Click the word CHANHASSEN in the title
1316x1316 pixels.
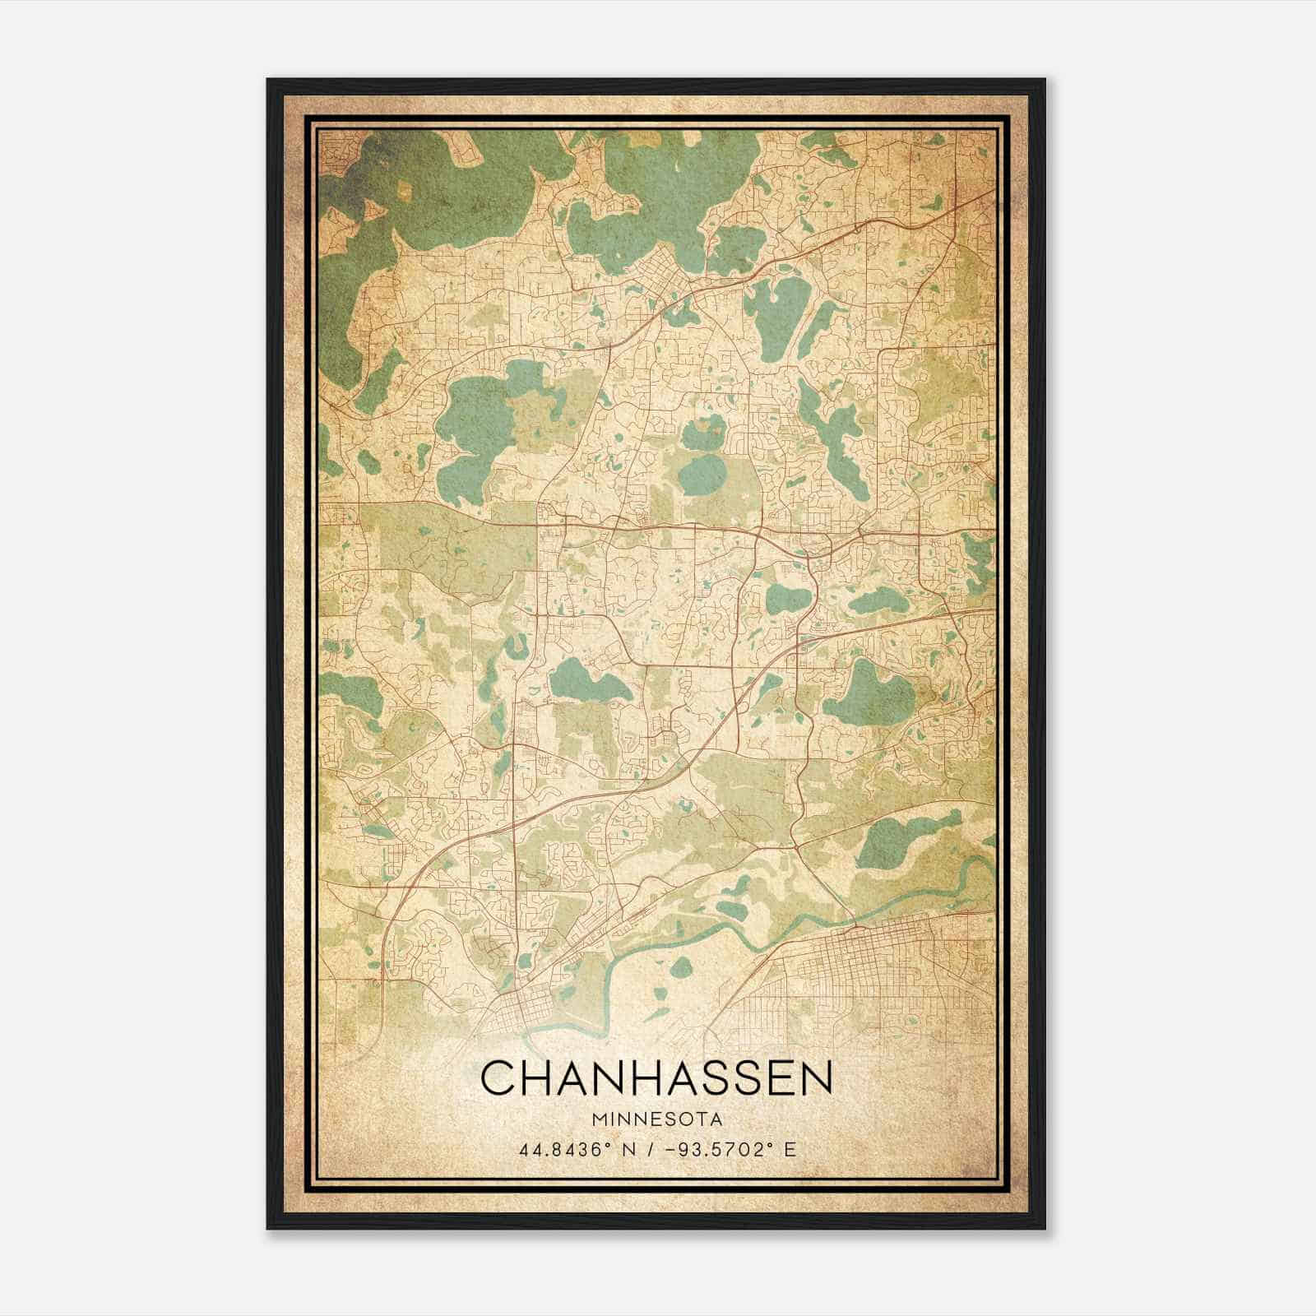[656, 1078]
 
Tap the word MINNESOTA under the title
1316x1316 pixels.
[656, 1120]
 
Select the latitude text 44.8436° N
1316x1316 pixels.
[572, 1149]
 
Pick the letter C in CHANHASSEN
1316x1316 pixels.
[498, 1078]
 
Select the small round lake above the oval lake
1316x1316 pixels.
[704, 427]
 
